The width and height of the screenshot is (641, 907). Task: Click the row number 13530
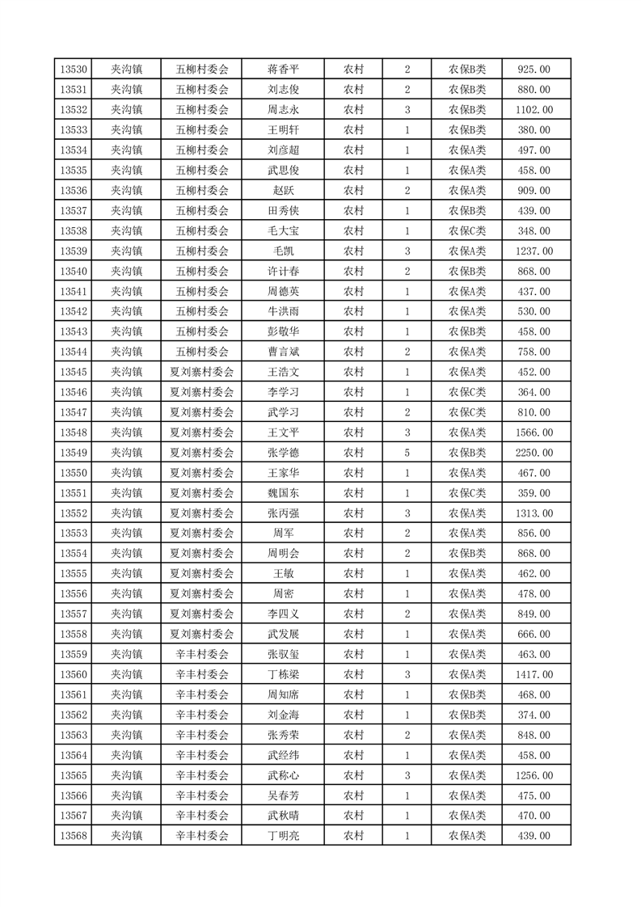point(74,70)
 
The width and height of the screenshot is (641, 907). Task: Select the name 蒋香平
point(283,70)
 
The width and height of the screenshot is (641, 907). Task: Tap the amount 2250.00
point(534,453)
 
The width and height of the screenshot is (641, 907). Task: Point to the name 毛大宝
point(283,231)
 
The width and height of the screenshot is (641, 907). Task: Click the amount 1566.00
point(534,432)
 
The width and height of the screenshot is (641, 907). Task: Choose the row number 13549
point(74,453)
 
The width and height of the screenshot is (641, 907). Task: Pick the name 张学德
point(283,453)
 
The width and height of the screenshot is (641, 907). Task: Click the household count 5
point(407,453)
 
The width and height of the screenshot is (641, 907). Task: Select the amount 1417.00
point(534,674)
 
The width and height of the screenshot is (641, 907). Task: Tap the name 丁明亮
point(283,836)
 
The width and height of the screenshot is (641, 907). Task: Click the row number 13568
point(74,836)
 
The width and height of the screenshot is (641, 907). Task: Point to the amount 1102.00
point(534,110)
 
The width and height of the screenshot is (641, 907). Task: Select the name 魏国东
point(283,493)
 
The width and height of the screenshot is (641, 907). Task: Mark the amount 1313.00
point(534,513)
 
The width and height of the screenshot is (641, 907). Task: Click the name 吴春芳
point(283,795)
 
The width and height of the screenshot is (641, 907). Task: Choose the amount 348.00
point(534,231)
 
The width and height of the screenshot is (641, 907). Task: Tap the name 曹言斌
point(283,352)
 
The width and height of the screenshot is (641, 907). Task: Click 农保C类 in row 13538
point(467,231)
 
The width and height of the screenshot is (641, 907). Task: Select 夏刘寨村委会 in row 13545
point(202,372)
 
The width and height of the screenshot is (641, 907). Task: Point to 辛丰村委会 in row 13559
point(202,654)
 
